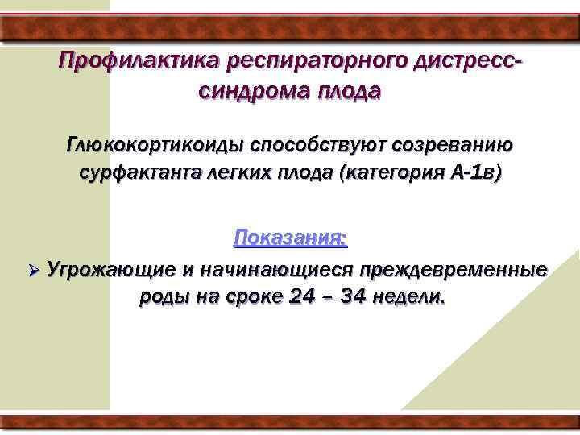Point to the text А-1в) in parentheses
(473, 174)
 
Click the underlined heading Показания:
(290, 238)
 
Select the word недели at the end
(414, 296)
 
